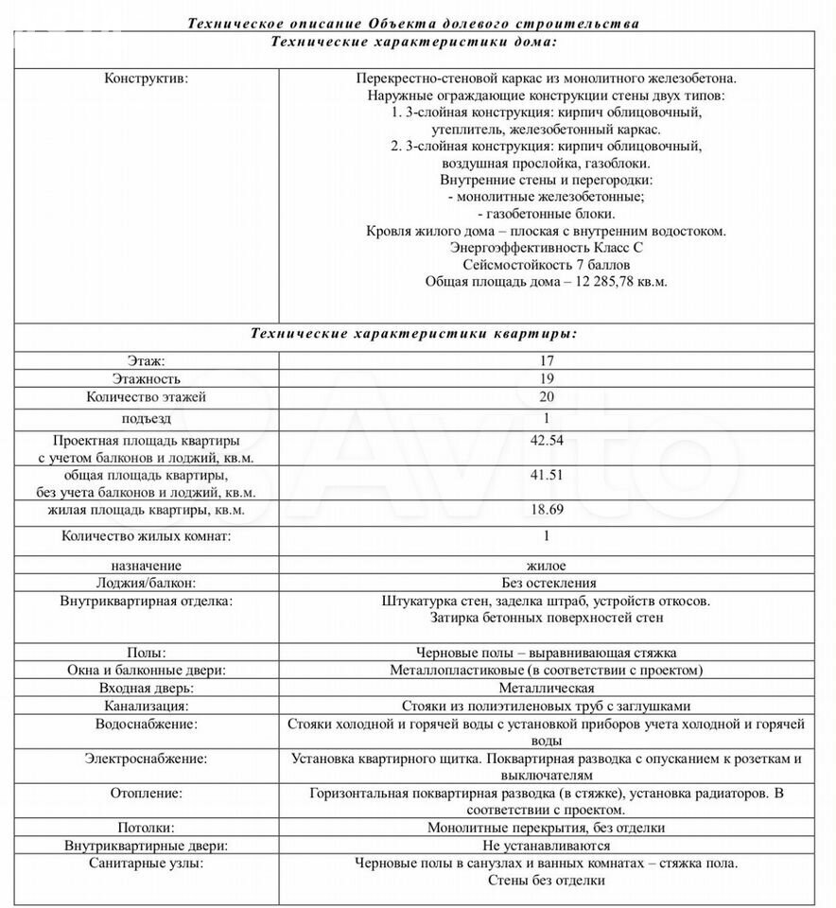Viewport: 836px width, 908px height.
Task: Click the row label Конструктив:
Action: point(146,78)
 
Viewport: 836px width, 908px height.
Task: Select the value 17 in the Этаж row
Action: point(547,360)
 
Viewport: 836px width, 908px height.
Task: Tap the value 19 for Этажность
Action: point(547,378)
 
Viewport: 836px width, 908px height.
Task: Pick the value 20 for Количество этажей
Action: point(547,396)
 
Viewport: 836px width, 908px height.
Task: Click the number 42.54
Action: point(547,440)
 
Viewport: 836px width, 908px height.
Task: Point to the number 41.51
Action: point(547,475)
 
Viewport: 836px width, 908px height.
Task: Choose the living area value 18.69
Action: point(547,510)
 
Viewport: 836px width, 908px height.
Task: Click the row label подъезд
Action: point(146,418)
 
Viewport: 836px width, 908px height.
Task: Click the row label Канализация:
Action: point(146,706)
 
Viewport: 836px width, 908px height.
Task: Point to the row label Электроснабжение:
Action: point(146,759)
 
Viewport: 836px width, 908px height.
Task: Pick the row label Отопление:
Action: point(146,793)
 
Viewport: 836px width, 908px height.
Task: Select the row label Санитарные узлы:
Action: point(146,864)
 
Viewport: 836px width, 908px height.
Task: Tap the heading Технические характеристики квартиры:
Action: point(413,333)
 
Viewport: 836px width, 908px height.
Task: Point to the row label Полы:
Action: point(146,653)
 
